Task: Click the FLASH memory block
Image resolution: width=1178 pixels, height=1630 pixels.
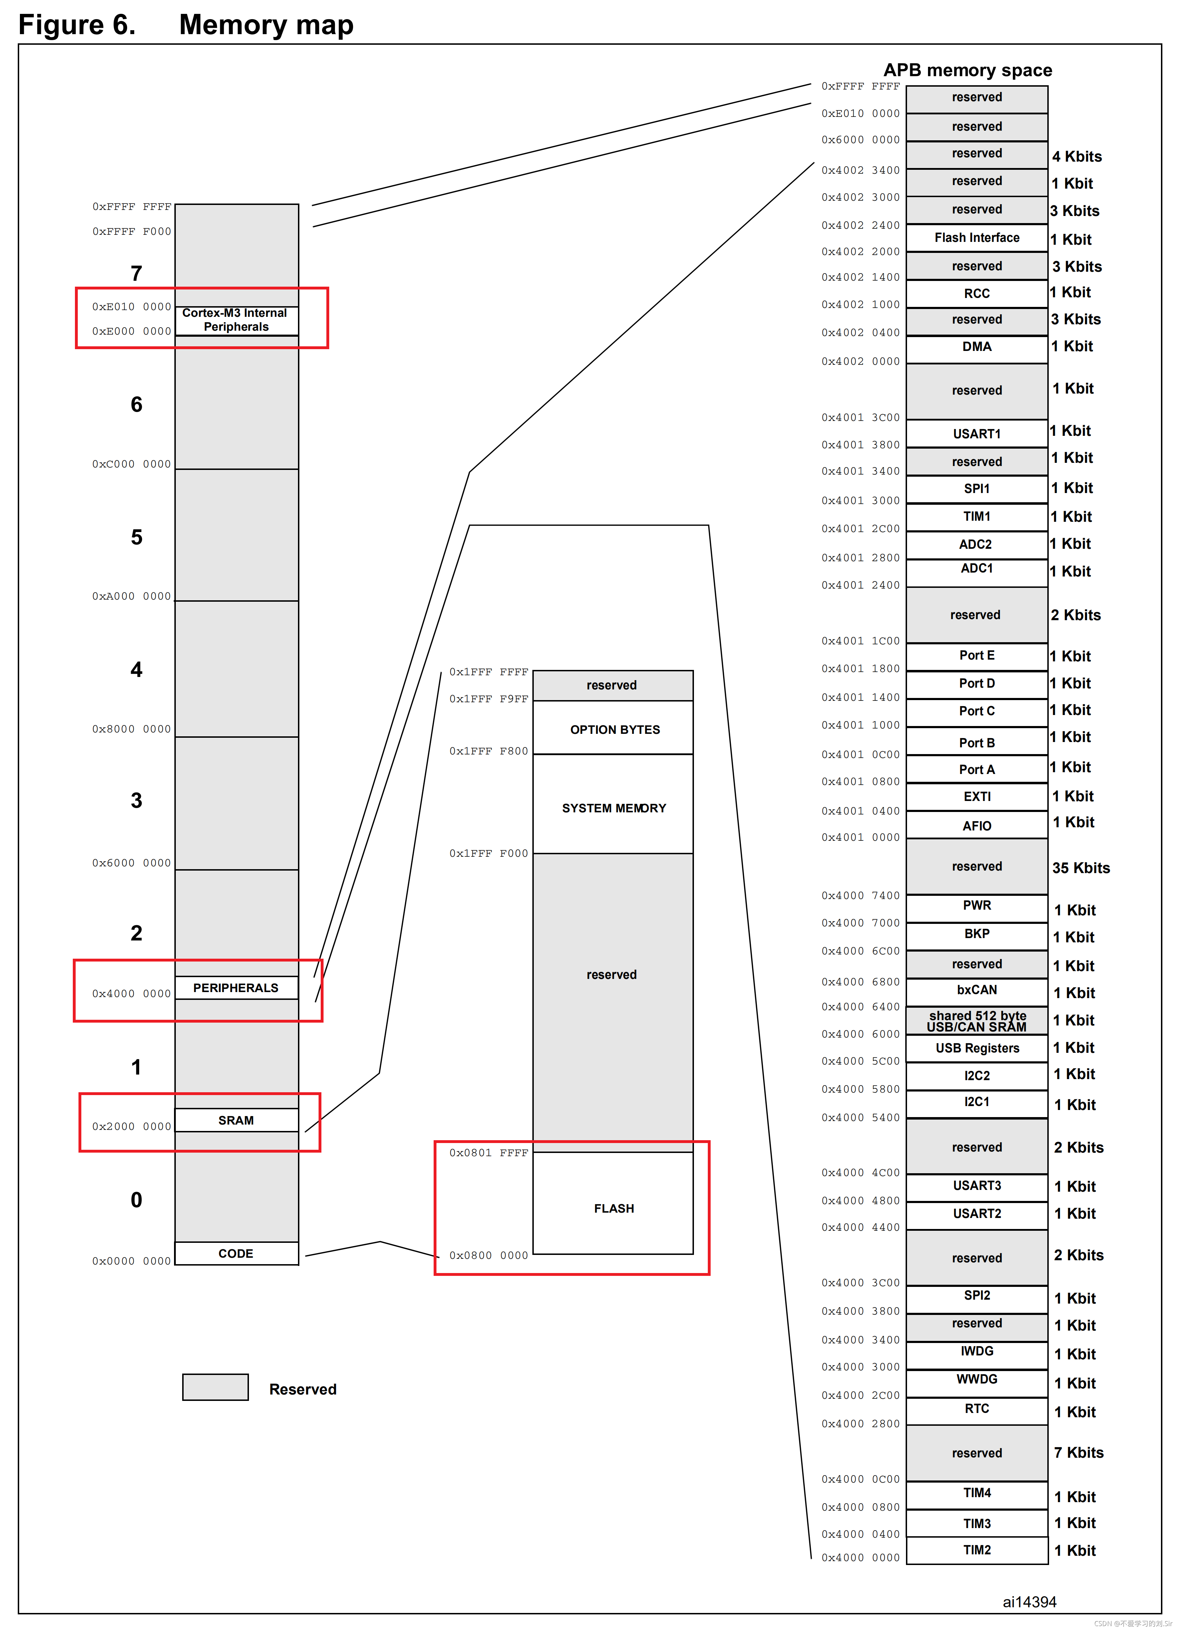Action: point(613,1209)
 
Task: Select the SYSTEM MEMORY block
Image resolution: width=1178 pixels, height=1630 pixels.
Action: point(613,808)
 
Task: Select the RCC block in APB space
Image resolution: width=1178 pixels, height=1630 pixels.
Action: point(977,293)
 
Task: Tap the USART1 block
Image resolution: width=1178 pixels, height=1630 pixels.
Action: point(977,433)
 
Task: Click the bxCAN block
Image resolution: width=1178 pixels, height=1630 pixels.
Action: point(977,990)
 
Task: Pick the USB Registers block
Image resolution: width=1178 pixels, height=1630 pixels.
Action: point(977,1048)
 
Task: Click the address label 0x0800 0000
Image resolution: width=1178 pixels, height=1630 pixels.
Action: point(489,1256)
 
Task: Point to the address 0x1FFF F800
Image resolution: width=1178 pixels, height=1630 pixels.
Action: point(489,751)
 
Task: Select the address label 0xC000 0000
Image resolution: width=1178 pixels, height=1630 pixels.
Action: point(131,464)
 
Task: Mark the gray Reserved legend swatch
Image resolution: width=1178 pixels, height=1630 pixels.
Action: point(216,1387)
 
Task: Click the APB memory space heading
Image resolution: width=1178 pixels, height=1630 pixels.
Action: point(967,70)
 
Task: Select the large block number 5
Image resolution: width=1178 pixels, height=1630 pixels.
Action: point(137,537)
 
